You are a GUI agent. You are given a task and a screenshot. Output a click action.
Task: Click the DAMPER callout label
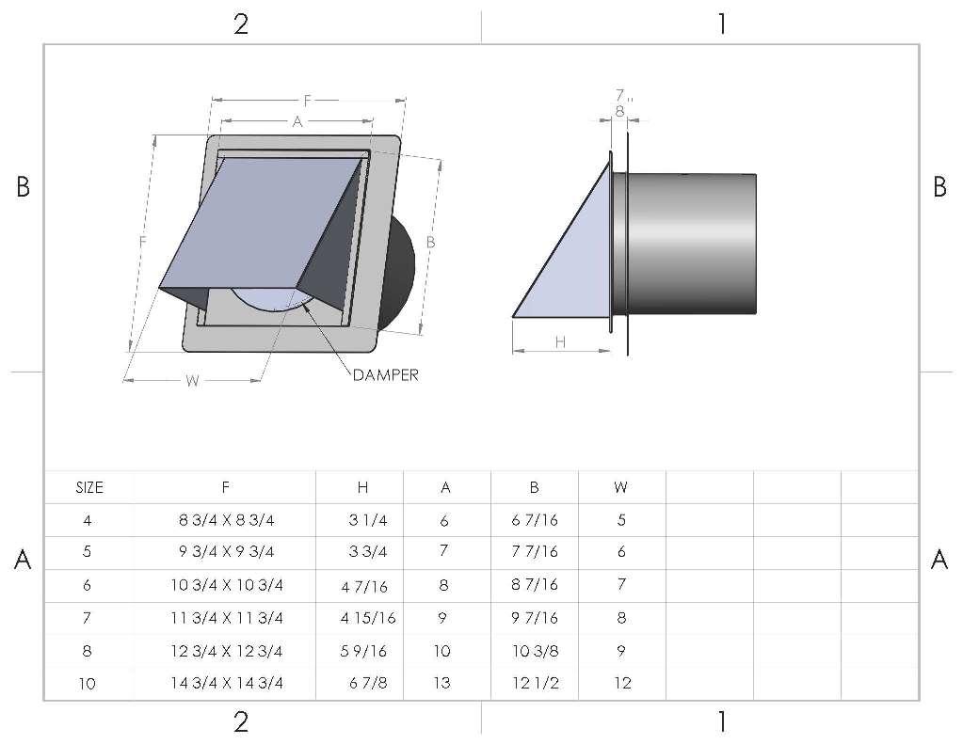pyautogui.click(x=386, y=375)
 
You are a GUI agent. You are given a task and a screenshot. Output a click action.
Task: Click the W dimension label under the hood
pyautogui.click(x=192, y=381)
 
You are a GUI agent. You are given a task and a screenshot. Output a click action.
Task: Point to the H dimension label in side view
pyautogui.click(x=560, y=342)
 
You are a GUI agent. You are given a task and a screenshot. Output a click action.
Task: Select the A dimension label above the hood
pyautogui.click(x=297, y=121)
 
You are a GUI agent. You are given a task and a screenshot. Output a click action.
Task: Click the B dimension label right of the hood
pyautogui.click(x=430, y=243)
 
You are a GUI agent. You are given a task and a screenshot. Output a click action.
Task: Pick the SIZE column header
pyautogui.click(x=89, y=488)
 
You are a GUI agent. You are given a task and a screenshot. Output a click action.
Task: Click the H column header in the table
pyautogui.click(x=363, y=487)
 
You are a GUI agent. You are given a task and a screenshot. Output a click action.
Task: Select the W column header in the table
pyautogui.click(x=620, y=487)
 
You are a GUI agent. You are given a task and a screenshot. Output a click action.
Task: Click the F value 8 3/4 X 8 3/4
pyautogui.click(x=227, y=520)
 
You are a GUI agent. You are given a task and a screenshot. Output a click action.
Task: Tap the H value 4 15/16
pyautogui.click(x=368, y=618)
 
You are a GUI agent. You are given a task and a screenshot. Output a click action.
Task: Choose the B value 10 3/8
pyautogui.click(x=536, y=651)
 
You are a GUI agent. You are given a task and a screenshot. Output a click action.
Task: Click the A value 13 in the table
pyautogui.click(x=442, y=683)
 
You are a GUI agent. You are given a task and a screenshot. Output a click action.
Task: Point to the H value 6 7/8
pyautogui.click(x=368, y=683)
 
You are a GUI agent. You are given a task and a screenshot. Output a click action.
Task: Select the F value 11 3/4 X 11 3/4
pyautogui.click(x=227, y=618)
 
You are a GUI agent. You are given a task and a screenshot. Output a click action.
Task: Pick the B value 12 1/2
pyautogui.click(x=536, y=683)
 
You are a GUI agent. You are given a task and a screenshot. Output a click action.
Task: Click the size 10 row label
pyautogui.click(x=88, y=683)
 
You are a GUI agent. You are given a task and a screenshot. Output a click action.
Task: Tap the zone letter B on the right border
pyautogui.click(x=939, y=186)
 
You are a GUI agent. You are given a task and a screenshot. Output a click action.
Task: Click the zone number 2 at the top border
pyautogui.click(x=241, y=24)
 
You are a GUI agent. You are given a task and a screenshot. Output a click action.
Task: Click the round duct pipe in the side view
pyautogui.click(x=692, y=244)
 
